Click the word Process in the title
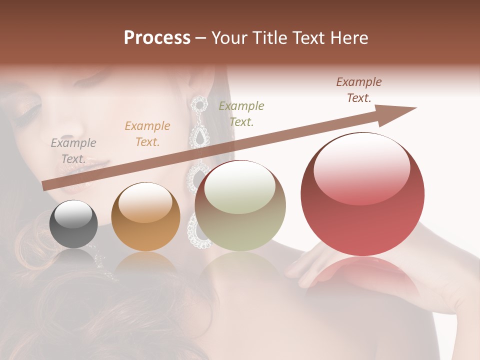pyautogui.click(x=157, y=38)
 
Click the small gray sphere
pyautogui.click(x=73, y=224)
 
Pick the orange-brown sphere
pyautogui.click(x=145, y=216)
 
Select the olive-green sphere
pyautogui.click(x=240, y=206)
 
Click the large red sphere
pyautogui.click(x=362, y=194)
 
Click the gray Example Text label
pyautogui.click(x=73, y=151)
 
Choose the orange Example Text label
pyautogui.click(x=147, y=134)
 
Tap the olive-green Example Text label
pyautogui.click(x=241, y=113)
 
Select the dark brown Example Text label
pyautogui.click(x=359, y=89)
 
